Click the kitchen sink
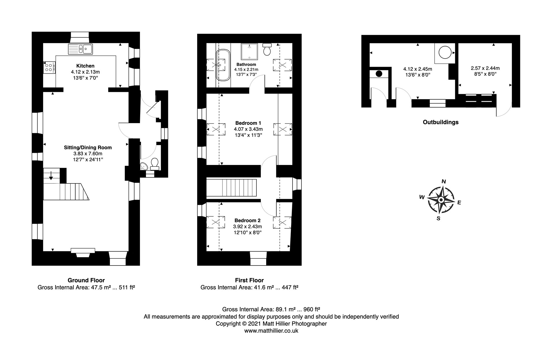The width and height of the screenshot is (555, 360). click(80, 49)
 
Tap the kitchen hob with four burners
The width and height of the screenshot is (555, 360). click(49, 67)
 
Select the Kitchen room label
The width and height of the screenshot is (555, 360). click(85, 66)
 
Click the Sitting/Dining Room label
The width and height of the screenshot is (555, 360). click(88, 147)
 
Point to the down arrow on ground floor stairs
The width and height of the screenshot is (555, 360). click(51, 175)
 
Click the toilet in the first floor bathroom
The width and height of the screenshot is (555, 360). click(267, 49)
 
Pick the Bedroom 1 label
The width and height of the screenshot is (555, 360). click(248, 123)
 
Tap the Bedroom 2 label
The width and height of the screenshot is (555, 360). click(247, 220)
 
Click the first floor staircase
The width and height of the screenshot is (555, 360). click(232, 188)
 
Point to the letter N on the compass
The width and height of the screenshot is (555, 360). click(444, 181)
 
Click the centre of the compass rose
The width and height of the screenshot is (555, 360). click(441, 200)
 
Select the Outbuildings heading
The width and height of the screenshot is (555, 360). click(441, 122)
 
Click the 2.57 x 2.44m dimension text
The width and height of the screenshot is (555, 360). click(485, 68)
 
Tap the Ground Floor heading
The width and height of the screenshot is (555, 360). click(86, 280)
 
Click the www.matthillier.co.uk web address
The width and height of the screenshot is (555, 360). click(271, 331)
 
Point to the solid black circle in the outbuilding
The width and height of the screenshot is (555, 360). click(379, 74)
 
